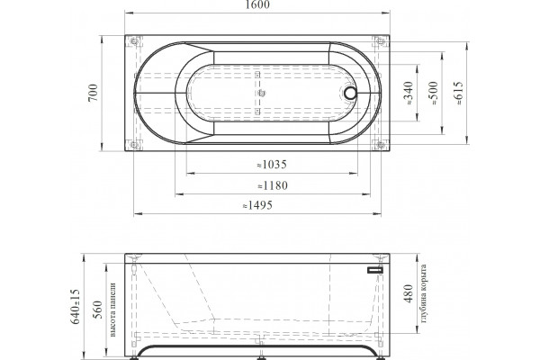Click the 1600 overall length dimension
point(257,4)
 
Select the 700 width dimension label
point(93,93)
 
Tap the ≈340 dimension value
point(409,93)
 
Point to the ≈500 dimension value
point(434,93)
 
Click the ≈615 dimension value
point(459,93)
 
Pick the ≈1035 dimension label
point(272,165)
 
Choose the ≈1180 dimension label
point(273,185)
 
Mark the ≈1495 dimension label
point(257,205)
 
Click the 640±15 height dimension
point(75,307)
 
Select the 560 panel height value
point(98,310)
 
